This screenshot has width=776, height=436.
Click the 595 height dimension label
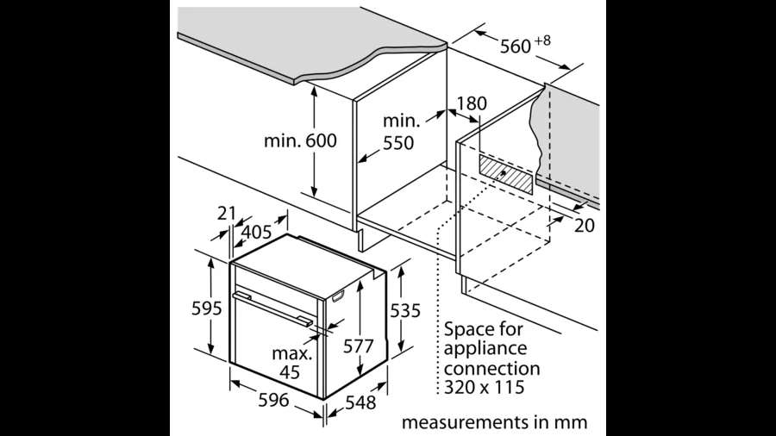point(206,308)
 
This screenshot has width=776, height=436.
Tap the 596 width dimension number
point(273,400)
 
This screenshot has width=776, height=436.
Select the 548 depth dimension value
point(360,403)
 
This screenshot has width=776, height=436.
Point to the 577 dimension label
point(359,346)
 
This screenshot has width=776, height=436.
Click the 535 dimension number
point(405,310)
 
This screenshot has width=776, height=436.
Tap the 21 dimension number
point(227,213)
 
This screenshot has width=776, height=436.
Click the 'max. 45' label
point(292,363)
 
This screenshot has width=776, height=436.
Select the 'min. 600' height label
point(300,140)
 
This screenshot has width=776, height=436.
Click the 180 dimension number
point(472,103)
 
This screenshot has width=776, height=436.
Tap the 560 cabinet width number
point(516,47)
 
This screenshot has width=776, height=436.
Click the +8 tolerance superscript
point(543,40)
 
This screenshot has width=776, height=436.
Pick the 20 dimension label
point(585,226)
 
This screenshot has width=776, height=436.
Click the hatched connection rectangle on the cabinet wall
point(506,174)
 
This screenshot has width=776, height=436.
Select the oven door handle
point(272,308)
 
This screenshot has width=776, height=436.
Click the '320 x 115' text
point(484,387)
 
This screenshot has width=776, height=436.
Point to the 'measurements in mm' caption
point(494,422)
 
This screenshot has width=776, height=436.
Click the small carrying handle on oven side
point(338,296)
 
